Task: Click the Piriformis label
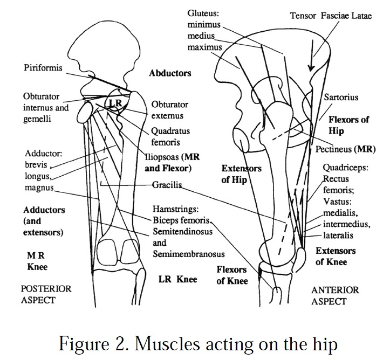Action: (43, 68)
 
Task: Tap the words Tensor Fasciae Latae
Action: (331, 16)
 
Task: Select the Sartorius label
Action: (341, 98)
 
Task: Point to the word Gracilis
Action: (167, 184)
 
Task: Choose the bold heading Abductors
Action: (170, 73)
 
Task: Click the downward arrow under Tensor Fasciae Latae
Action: (311, 57)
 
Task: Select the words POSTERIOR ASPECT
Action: (45, 294)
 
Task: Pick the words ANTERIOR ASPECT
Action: (335, 295)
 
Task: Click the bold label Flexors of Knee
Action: (232, 275)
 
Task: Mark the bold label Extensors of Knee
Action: (335, 257)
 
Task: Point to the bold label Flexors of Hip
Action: (348, 124)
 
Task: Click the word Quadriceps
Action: (345, 168)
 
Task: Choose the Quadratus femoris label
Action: (170, 136)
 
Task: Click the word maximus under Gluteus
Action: (206, 47)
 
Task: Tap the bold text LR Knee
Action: (177, 279)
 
